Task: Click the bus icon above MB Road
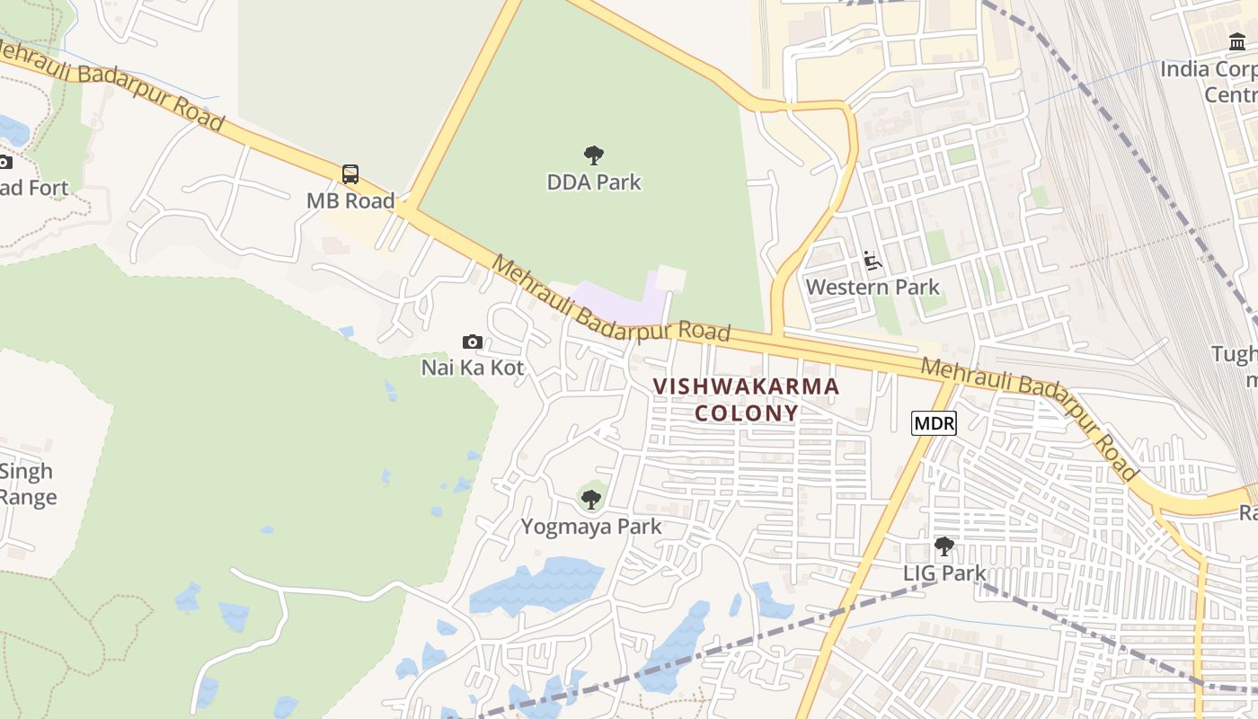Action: click(x=350, y=174)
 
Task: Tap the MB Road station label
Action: click(x=350, y=200)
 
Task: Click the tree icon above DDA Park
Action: click(x=593, y=155)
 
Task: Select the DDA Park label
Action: click(x=594, y=182)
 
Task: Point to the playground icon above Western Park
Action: click(x=872, y=262)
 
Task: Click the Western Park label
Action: click(x=873, y=288)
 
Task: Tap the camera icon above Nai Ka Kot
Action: click(x=472, y=342)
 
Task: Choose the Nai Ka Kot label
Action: click(x=473, y=368)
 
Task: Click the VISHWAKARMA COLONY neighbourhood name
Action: click(x=746, y=399)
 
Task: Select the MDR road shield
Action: click(x=934, y=423)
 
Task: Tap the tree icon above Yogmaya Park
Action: click(x=590, y=499)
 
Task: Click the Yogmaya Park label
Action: click(x=591, y=527)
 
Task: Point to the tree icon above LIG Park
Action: click(x=943, y=546)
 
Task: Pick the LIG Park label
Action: click(x=944, y=573)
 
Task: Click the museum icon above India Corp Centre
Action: click(x=1237, y=42)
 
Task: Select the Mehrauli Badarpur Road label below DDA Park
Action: click(x=611, y=301)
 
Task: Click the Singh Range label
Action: click(x=27, y=484)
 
